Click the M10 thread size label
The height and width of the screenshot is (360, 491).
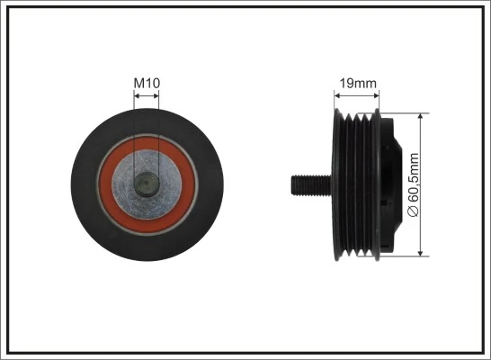point(147,84)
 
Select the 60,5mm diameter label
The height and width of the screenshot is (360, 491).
point(414,184)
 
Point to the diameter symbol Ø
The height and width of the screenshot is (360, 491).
point(414,212)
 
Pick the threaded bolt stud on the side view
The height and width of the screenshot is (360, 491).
point(307,184)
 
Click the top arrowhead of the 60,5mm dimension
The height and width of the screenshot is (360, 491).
point(423,117)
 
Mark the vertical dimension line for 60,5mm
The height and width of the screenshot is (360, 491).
point(423,144)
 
